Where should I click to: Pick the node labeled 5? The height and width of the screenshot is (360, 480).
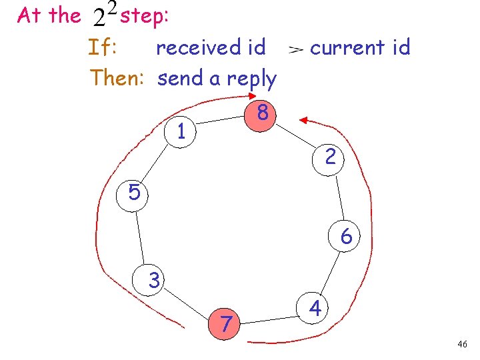coord(134,193)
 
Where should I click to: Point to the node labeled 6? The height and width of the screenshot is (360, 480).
coord(346,237)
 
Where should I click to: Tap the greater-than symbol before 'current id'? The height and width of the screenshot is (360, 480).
coord(296,49)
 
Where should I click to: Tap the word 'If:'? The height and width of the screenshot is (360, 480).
coord(103,47)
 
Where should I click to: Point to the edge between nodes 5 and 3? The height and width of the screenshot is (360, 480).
coord(143,236)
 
